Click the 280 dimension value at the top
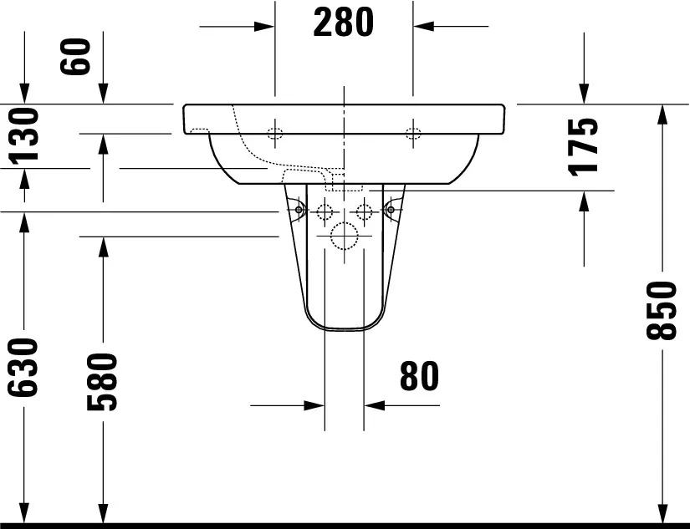(x=343, y=23)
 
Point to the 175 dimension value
(x=583, y=145)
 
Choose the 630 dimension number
(x=23, y=368)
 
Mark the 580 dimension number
(x=102, y=382)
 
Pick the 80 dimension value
(x=418, y=377)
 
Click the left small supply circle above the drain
(x=325, y=211)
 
